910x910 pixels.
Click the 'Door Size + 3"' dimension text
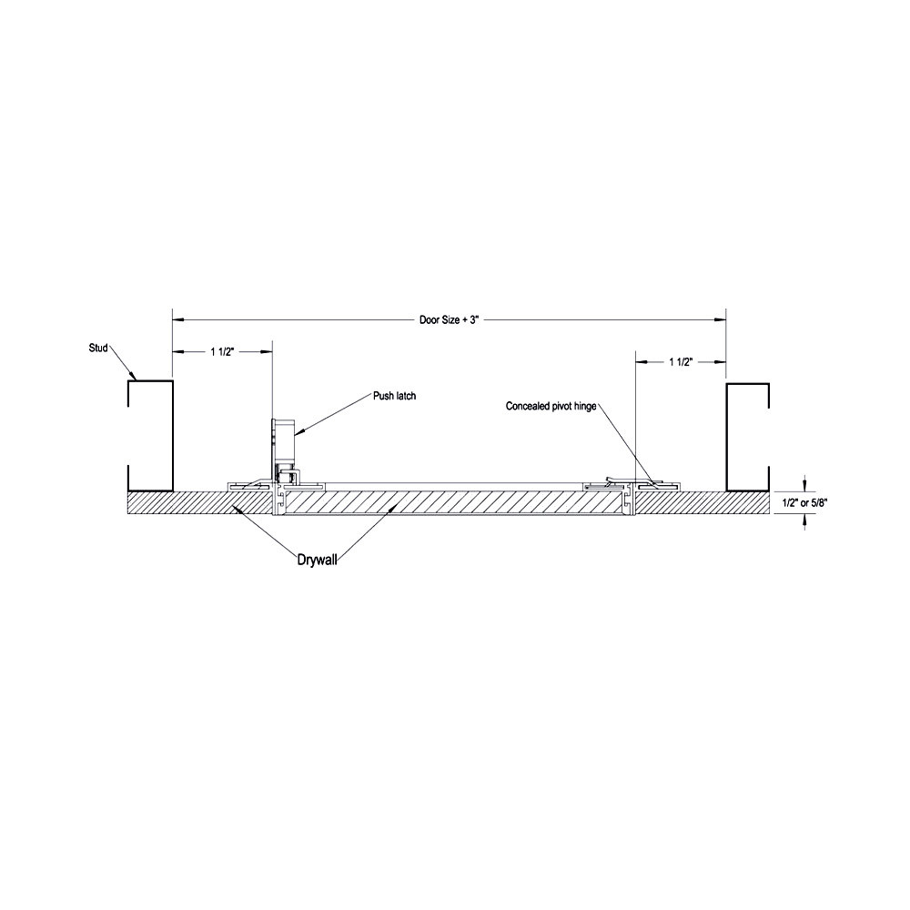[448, 319]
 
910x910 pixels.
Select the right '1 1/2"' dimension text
[682, 362]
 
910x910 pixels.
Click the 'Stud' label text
[98, 348]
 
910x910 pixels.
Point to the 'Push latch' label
[393, 396]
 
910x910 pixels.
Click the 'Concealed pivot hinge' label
[551, 407]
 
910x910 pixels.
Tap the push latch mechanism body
[283, 441]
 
